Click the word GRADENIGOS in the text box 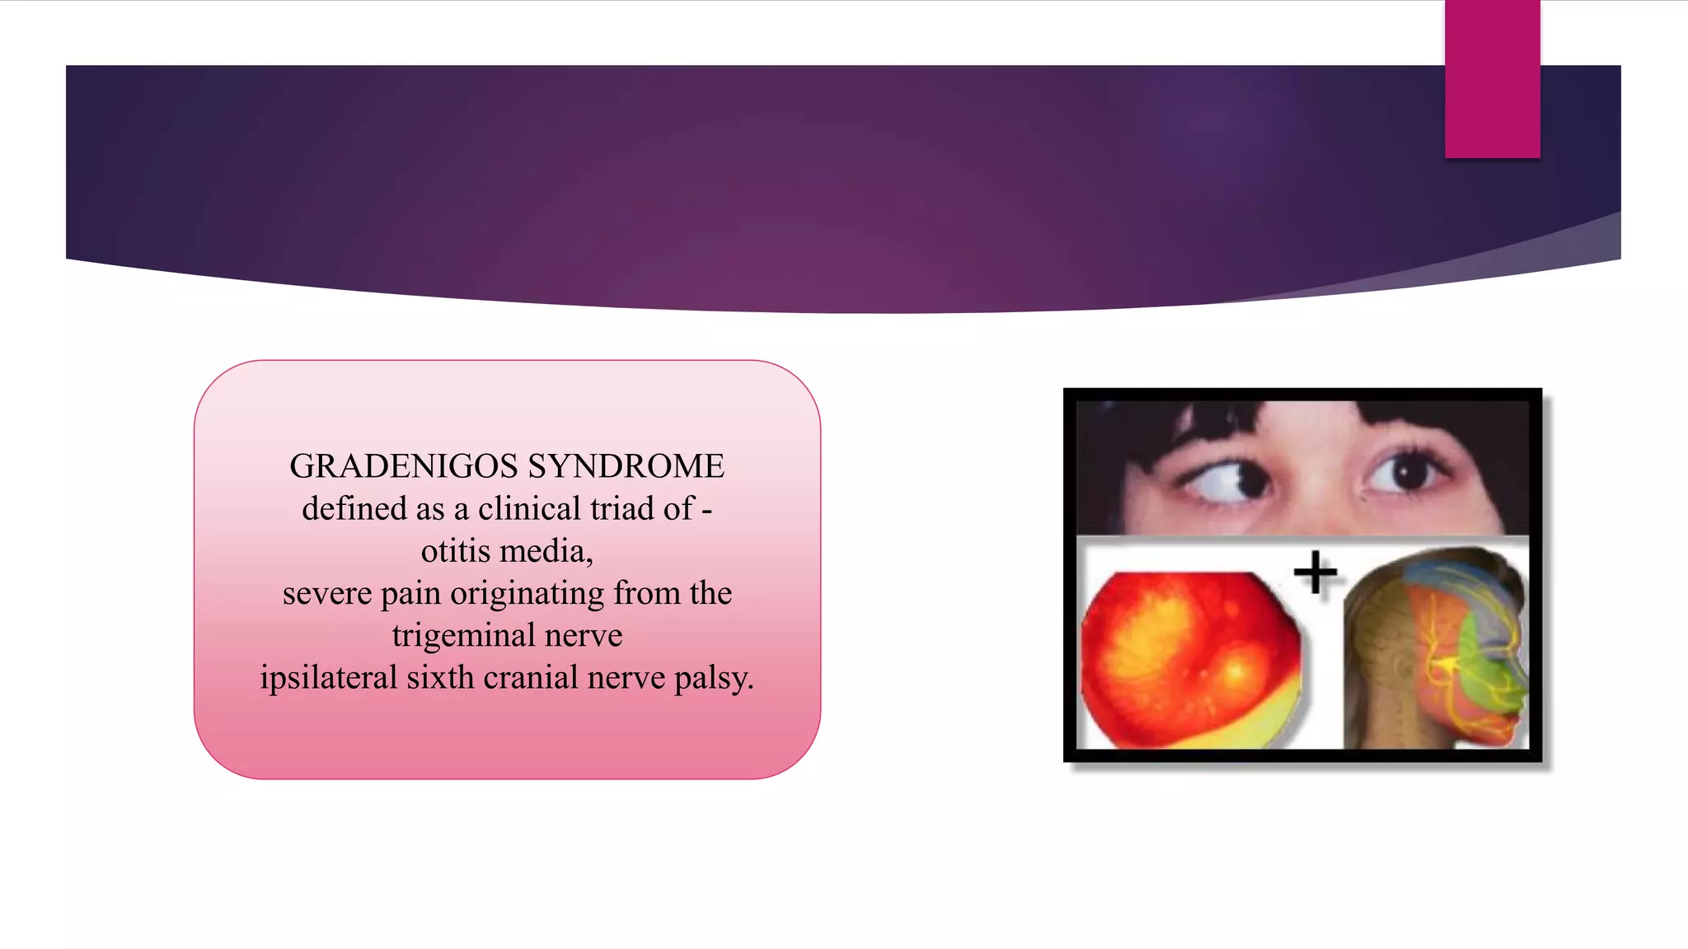pos(404,466)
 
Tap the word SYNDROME pos(626,466)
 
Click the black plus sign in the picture pos(1315,572)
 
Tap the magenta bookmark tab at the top pos(1492,79)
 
